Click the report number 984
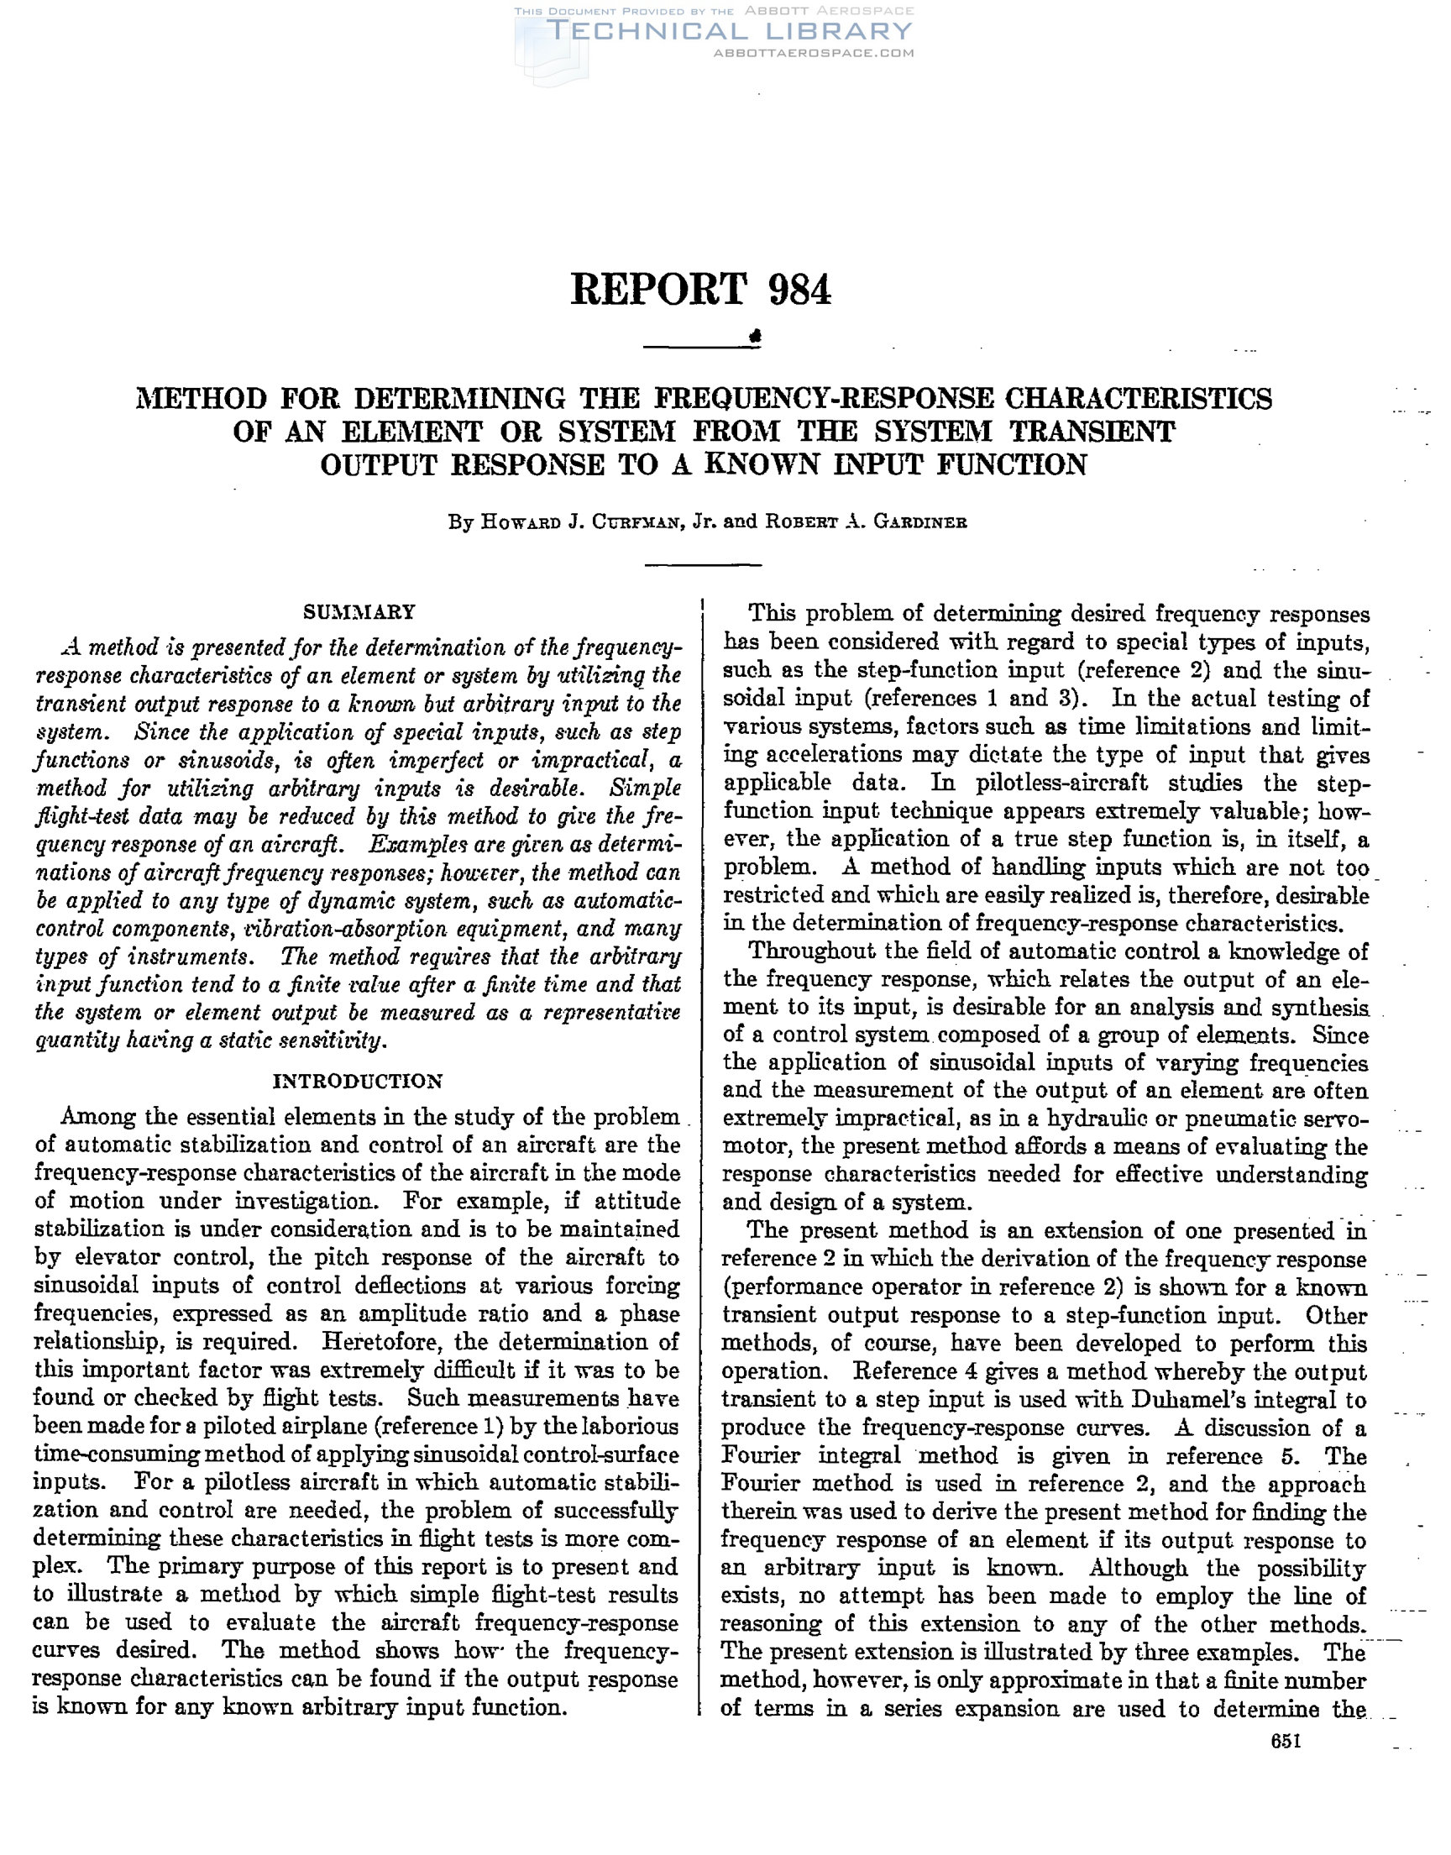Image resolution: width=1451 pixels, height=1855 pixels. click(x=799, y=290)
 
